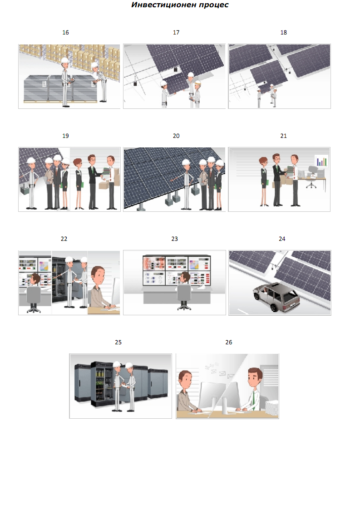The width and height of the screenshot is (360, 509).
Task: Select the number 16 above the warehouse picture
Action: coord(66,33)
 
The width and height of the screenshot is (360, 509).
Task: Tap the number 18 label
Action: coord(284,33)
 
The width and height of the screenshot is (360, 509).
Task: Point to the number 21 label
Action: coord(284,136)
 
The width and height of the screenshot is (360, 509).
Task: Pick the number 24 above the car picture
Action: coord(282,239)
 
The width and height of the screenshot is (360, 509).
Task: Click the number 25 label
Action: coord(118,342)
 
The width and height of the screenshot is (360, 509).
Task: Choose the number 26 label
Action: coord(229,342)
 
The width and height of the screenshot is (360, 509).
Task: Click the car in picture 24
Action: coord(276,296)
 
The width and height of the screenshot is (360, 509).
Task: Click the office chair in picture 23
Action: coord(184,296)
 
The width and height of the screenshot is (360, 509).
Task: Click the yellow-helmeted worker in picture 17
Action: coord(197,94)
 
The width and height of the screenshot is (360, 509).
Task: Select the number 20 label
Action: coord(176,136)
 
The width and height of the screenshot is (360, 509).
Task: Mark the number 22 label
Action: coord(64,239)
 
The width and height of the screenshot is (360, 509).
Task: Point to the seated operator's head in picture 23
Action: coord(185,277)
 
